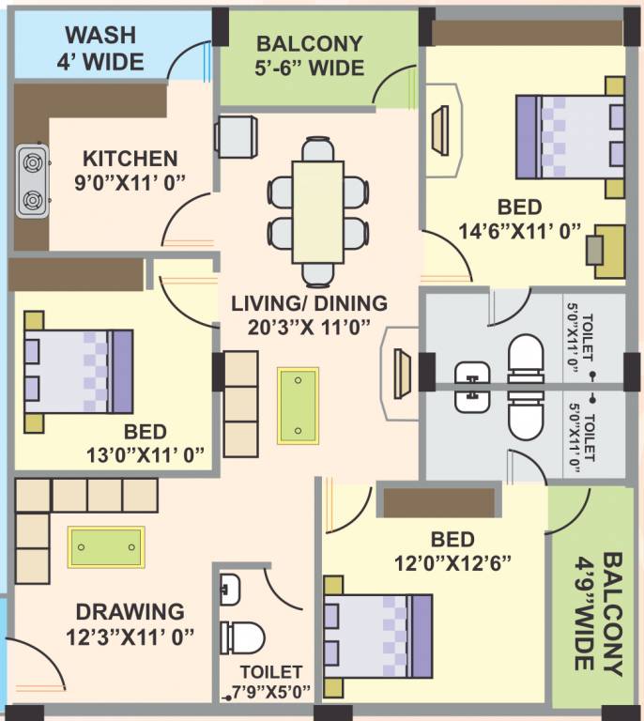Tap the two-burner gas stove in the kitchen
pyautogui.click(x=32, y=179)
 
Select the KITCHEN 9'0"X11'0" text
pyautogui.click(x=129, y=169)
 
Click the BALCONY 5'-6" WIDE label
pyautogui.click(x=310, y=55)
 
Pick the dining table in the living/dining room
pyautogui.click(x=317, y=212)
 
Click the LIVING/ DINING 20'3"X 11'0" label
pyautogui.click(x=310, y=314)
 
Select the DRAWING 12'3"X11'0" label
pyautogui.click(x=131, y=624)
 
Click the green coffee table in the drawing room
pyautogui.click(x=106, y=546)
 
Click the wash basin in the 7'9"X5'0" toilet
pyautogui.click(x=231, y=591)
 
